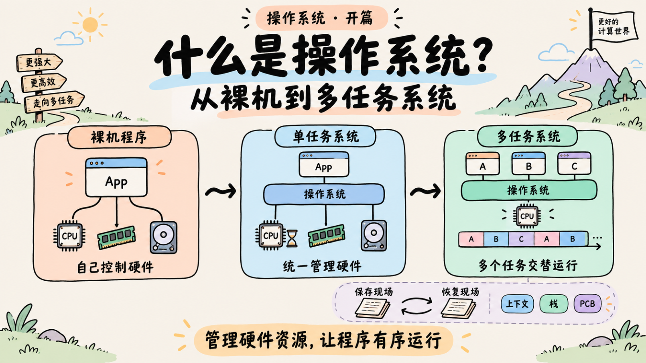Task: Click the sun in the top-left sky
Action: (x=90, y=25)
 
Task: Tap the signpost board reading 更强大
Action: (x=39, y=62)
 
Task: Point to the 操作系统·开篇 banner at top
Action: (x=321, y=18)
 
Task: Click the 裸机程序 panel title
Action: (x=119, y=137)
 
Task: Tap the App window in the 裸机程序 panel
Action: (x=116, y=177)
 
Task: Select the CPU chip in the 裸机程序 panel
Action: (x=69, y=236)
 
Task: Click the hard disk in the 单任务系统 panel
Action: (x=374, y=235)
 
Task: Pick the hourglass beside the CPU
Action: (x=292, y=239)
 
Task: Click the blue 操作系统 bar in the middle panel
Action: (x=324, y=194)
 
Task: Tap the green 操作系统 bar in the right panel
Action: (x=529, y=190)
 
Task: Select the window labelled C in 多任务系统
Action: (x=574, y=163)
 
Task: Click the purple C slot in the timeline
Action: (x=521, y=239)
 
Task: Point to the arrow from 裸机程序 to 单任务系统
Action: (x=221, y=191)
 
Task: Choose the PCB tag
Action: (x=587, y=304)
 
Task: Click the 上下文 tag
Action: (x=517, y=304)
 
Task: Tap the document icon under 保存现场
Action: (x=373, y=308)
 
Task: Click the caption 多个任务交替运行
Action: (x=528, y=265)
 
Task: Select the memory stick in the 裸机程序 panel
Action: (x=116, y=237)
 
